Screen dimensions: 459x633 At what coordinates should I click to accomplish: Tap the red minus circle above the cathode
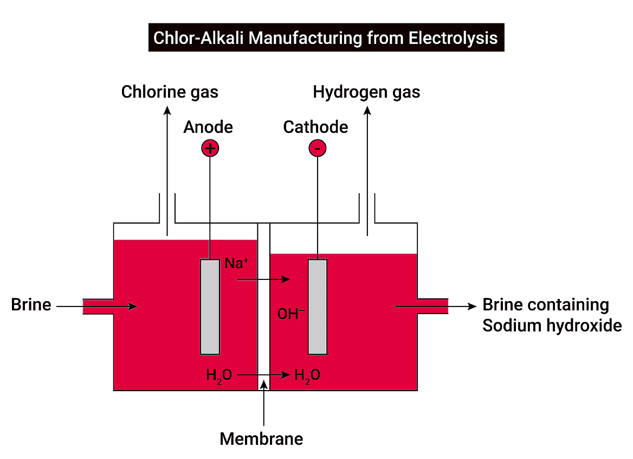pyautogui.click(x=318, y=148)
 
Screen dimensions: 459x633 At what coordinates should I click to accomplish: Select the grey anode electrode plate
pyautogui.click(x=210, y=307)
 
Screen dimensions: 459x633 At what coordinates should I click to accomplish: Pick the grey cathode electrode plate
pyautogui.click(x=318, y=307)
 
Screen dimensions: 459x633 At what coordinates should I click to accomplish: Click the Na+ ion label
pyautogui.click(x=237, y=264)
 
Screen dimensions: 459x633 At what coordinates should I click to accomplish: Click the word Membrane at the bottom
pyautogui.click(x=261, y=438)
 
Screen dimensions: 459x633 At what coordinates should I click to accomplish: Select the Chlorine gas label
pyautogui.click(x=170, y=92)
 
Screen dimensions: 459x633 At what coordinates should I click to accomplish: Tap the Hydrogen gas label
pyautogui.click(x=366, y=92)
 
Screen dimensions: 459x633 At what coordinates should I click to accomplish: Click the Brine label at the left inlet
pyautogui.click(x=31, y=305)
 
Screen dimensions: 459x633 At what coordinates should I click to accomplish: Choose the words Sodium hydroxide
pyautogui.click(x=552, y=326)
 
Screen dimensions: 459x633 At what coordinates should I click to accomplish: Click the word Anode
pyautogui.click(x=208, y=127)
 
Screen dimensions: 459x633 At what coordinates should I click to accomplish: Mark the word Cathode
pyautogui.click(x=315, y=127)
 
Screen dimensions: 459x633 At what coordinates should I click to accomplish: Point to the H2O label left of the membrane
pyautogui.click(x=219, y=374)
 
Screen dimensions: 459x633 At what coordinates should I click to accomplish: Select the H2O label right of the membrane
pyautogui.click(x=307, y=374)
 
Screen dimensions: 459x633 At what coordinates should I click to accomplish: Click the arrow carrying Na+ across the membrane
pyautogui.click(x=263, y=280)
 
